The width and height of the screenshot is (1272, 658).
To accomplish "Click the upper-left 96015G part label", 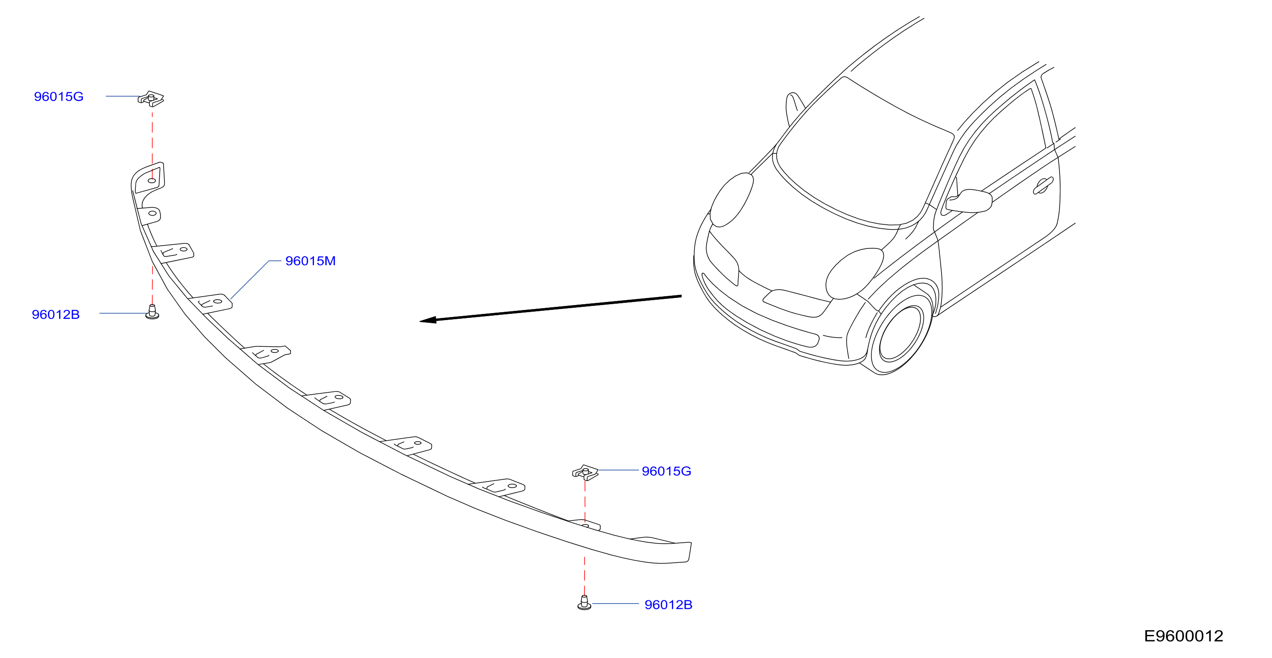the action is pyautogui.click(x=58, y=96).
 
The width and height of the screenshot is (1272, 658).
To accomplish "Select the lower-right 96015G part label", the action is pyautogui.click(x=666, y=471).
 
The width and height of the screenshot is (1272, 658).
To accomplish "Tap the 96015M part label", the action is pyautogui.click(x=310, y=261).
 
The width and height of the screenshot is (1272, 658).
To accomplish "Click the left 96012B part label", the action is pyautogui.click(x=55, y=314).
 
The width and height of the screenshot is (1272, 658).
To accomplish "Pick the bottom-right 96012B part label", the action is pyautogui.click(x=668, y=605).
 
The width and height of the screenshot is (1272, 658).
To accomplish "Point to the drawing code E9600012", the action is pyautogui.click(x=1183, y=636).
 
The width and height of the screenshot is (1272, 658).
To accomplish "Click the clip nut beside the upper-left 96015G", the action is pyautogui.click(x=151, y=99).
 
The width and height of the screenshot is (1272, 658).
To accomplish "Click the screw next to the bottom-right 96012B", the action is pyautogui.click(x=584, y=602).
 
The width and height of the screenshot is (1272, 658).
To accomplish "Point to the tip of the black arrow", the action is pyautogui.click(x=420, y=321).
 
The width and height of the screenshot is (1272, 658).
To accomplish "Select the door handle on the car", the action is pyautogui.click(x=1043, y=186).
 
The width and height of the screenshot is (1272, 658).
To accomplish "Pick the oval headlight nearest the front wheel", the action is pyautogui.click(x=855, y=274).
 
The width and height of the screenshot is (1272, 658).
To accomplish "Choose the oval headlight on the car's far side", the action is pyautogui.click(x=731, y=200).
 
